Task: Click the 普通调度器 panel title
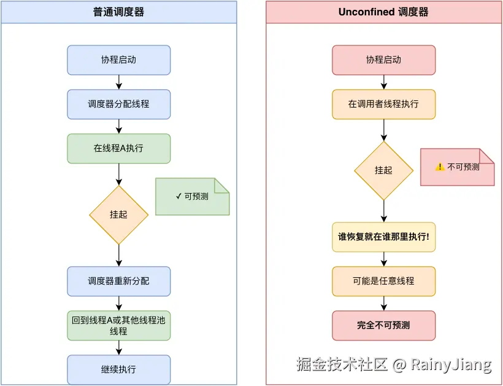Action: pos(118,12)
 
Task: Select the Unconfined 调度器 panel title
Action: pos(383,12)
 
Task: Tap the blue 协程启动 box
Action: pos(118,60)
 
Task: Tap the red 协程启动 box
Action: pos(383,60)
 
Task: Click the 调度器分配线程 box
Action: pos(118,104)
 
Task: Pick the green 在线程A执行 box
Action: pos(118,149)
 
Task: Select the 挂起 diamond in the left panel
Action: pos(118,215)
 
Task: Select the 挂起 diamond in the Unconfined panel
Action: pos(383,170)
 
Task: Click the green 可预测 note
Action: pos(192,197)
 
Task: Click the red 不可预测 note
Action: pos(457,167)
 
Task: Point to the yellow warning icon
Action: pos(440,167)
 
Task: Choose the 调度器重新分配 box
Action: pos(118,282)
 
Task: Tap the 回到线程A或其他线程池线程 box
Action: pos(118,326)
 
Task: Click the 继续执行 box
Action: pos(118,370)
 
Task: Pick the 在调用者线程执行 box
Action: pos(383,104)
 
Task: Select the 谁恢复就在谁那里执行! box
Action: pos(383,237)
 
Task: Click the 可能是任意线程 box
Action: pos(383,282)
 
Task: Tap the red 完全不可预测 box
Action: pos(383,326)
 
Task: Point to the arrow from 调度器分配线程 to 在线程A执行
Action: pos(118,127)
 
